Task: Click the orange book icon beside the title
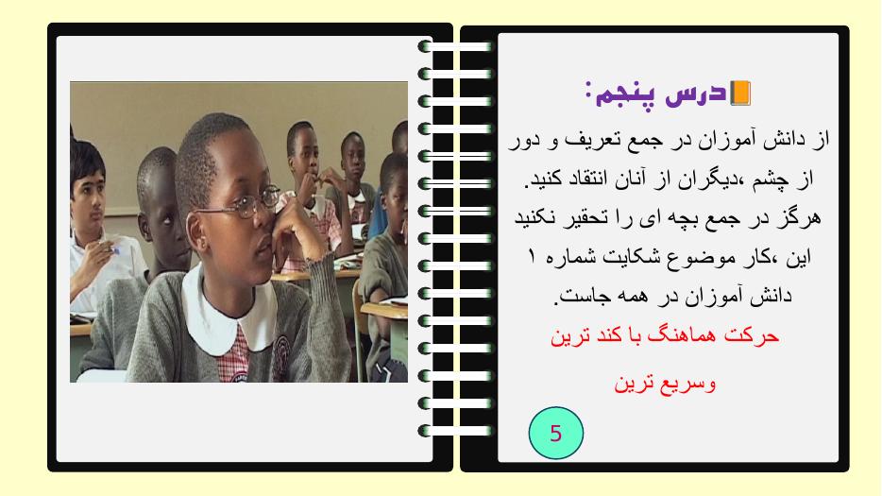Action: click(739, 93)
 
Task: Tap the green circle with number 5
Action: click(556, 433)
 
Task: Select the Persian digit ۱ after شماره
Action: click(532, 257)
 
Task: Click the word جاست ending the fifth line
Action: click(576, 296)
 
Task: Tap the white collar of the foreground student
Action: click(229, 316)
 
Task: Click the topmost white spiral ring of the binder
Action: click(455, 46)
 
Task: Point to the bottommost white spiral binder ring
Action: click(455, 431)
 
